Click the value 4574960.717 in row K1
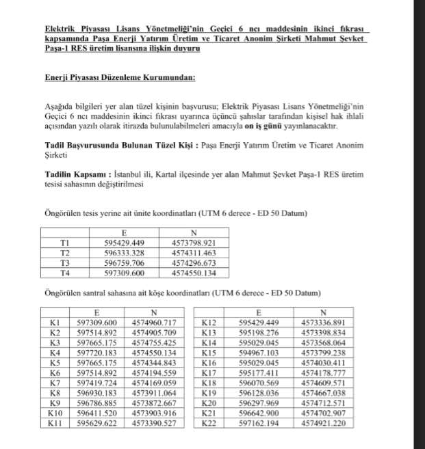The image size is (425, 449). [x=154, y=322]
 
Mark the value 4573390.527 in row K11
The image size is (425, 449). [x=154, y=424]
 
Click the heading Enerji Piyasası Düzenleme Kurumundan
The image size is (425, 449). [x=120, y=77]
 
